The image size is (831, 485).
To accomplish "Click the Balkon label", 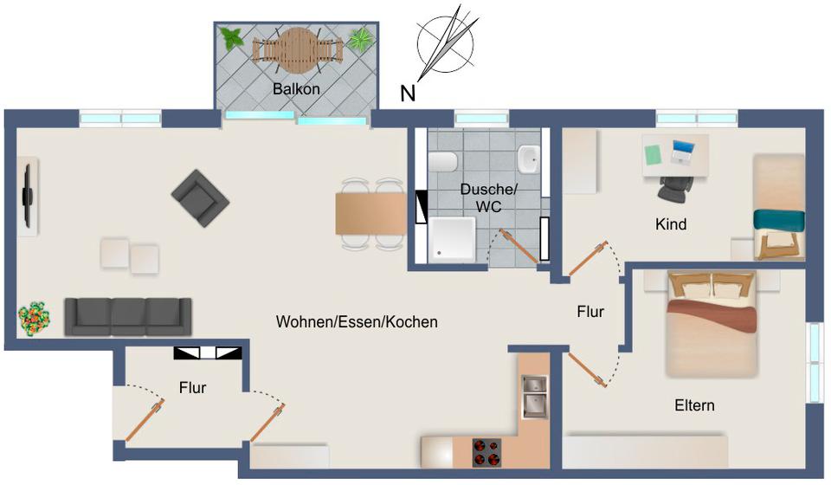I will click(296, 88).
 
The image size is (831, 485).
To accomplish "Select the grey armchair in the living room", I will click(200, 198).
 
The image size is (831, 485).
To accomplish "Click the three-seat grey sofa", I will click(127, 315).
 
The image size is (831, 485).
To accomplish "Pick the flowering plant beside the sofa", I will click(34, 318).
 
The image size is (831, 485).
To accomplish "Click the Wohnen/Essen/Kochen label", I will click(357, 322).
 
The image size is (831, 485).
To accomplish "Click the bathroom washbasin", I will click(528, 158).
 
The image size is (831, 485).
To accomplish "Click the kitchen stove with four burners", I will click(487, 452).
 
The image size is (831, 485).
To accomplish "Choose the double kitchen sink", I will click(533, 395).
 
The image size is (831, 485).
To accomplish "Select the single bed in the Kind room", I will click(777, 206).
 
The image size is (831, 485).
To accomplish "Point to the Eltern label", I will click(694, 404).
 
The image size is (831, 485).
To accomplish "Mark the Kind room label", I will click(671, 224).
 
